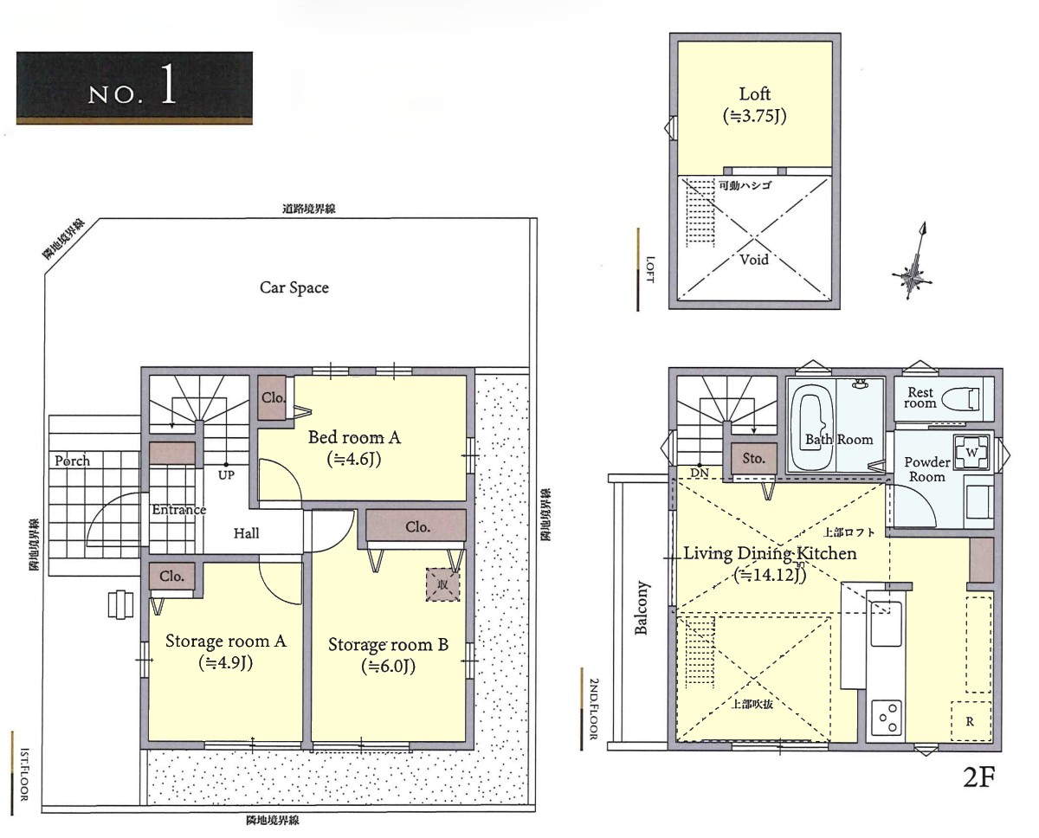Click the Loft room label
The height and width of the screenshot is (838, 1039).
755,94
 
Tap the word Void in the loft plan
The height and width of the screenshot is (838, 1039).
754,261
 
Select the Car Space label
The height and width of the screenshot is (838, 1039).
294,287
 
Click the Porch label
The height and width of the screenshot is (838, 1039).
73,461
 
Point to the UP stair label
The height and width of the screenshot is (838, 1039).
226,475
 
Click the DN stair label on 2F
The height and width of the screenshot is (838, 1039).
700,473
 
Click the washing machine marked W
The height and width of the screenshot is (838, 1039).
971,452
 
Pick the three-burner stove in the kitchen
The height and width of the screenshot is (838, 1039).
887,718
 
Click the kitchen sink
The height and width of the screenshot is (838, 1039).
886,623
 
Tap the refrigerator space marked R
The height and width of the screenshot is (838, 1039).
971,721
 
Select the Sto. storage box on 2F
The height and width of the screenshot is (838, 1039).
753,459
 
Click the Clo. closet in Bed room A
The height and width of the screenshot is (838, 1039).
273,397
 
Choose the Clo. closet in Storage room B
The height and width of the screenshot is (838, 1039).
416,526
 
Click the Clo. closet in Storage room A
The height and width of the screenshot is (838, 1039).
172,576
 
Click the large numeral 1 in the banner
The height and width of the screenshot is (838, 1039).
167,84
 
